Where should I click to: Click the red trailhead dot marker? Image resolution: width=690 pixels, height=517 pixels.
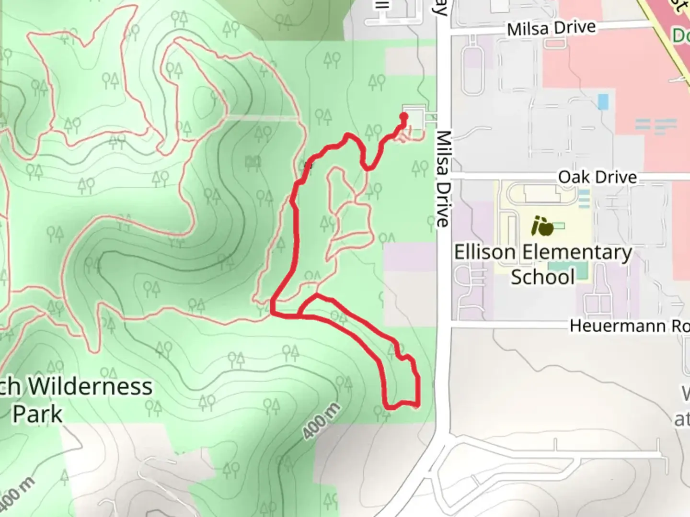point(403,116)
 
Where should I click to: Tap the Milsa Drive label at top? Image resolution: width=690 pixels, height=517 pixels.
point(551,28)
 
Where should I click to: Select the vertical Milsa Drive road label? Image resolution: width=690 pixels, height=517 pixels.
point(443,179)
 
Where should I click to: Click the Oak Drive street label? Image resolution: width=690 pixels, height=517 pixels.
point(597,177)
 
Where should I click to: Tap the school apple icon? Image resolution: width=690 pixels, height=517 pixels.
point(542,226)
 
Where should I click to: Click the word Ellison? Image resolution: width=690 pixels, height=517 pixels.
point(484,252)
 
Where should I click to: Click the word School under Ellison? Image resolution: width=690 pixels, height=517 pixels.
point(542,277)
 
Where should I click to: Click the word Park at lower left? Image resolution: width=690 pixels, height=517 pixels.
point(37,414)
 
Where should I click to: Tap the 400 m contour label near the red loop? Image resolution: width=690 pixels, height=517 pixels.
point(322,421)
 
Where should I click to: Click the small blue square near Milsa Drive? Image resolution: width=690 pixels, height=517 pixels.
point(603,101)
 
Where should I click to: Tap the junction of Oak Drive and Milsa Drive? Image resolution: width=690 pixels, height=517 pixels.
point(444,177)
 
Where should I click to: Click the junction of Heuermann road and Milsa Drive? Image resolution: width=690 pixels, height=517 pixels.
point(444,326)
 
